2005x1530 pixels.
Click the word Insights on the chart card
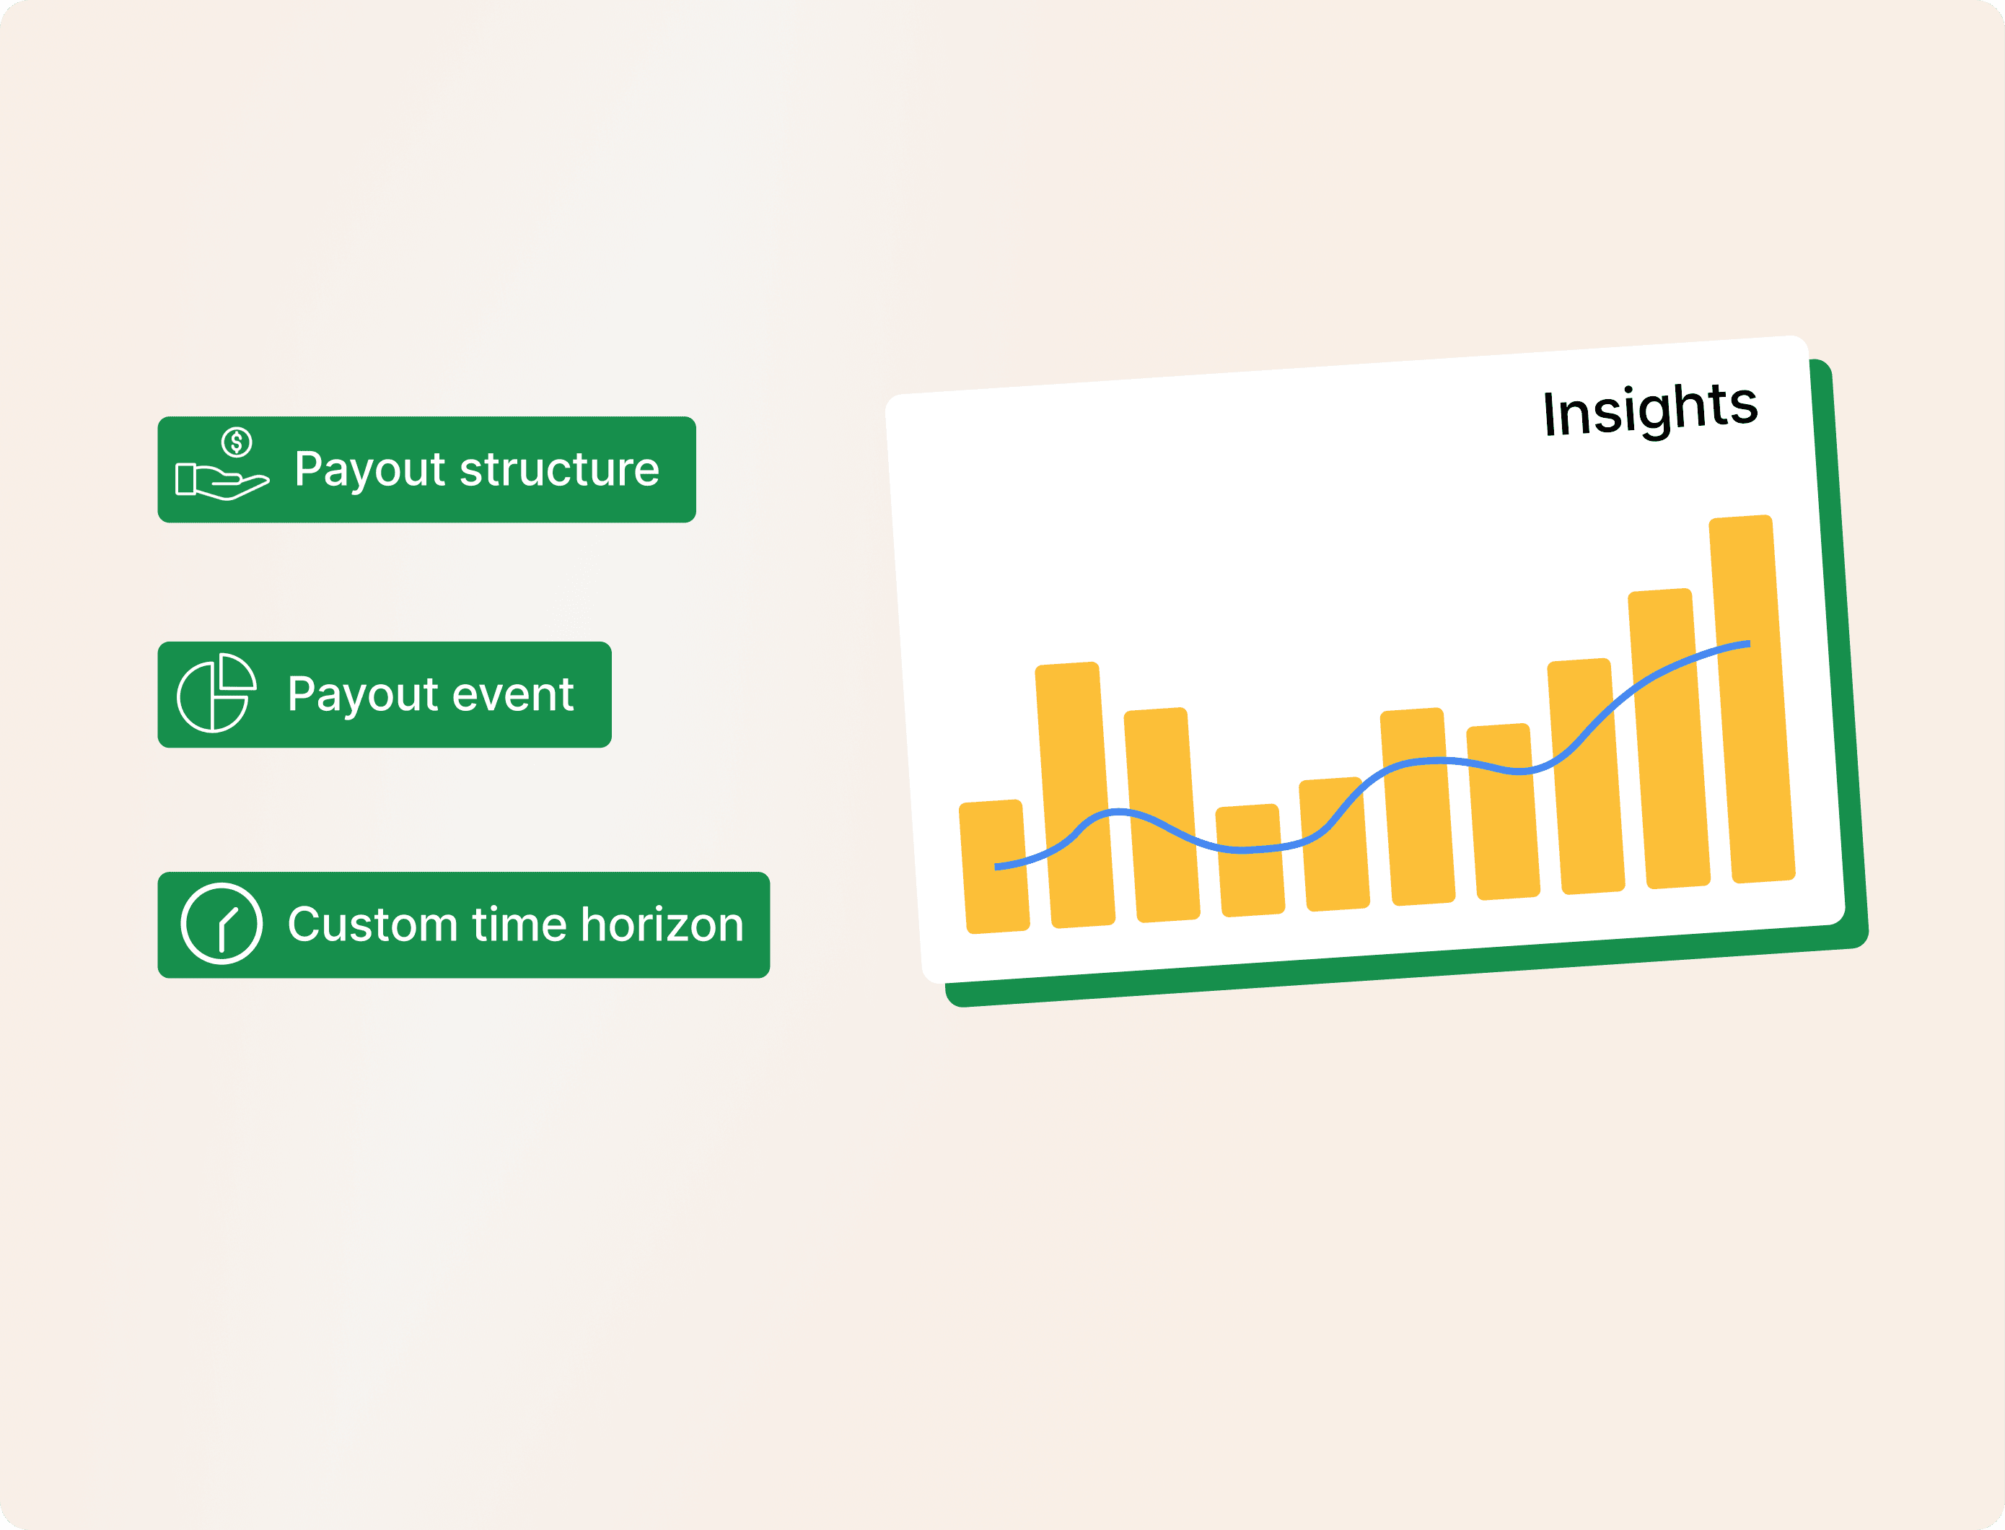pyautogui.click(x=1650, y=411)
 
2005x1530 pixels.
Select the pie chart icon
pyautogui.click(x=216, y=693)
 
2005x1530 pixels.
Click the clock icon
pyautogui.click(x=221, y=924)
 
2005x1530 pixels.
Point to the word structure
pyautogui.click(x=560, y=470)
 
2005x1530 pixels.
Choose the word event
pyautogui.click(x=513, y=695)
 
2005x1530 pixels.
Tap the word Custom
pyautogui.click(x=372, y=924)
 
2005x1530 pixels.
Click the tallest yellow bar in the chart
pyautogui.click(x=1752, y=699)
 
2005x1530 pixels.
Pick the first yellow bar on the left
pyautogui.click(x=994, y=866)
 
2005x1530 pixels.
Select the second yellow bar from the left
pyautogui.click(x=1075, y=795)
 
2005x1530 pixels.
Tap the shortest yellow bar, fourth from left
pyautogui.click(x=1250, y=860)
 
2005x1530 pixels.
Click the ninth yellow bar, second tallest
pyautogui.click(x=1669, y=738)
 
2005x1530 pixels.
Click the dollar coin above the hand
pyautogui.click(x=237, y=442)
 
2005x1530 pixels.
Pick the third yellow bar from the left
pyautogui.click(x=1162, y=814)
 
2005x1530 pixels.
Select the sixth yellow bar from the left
pyautogui.click(x=1418, y=806)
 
